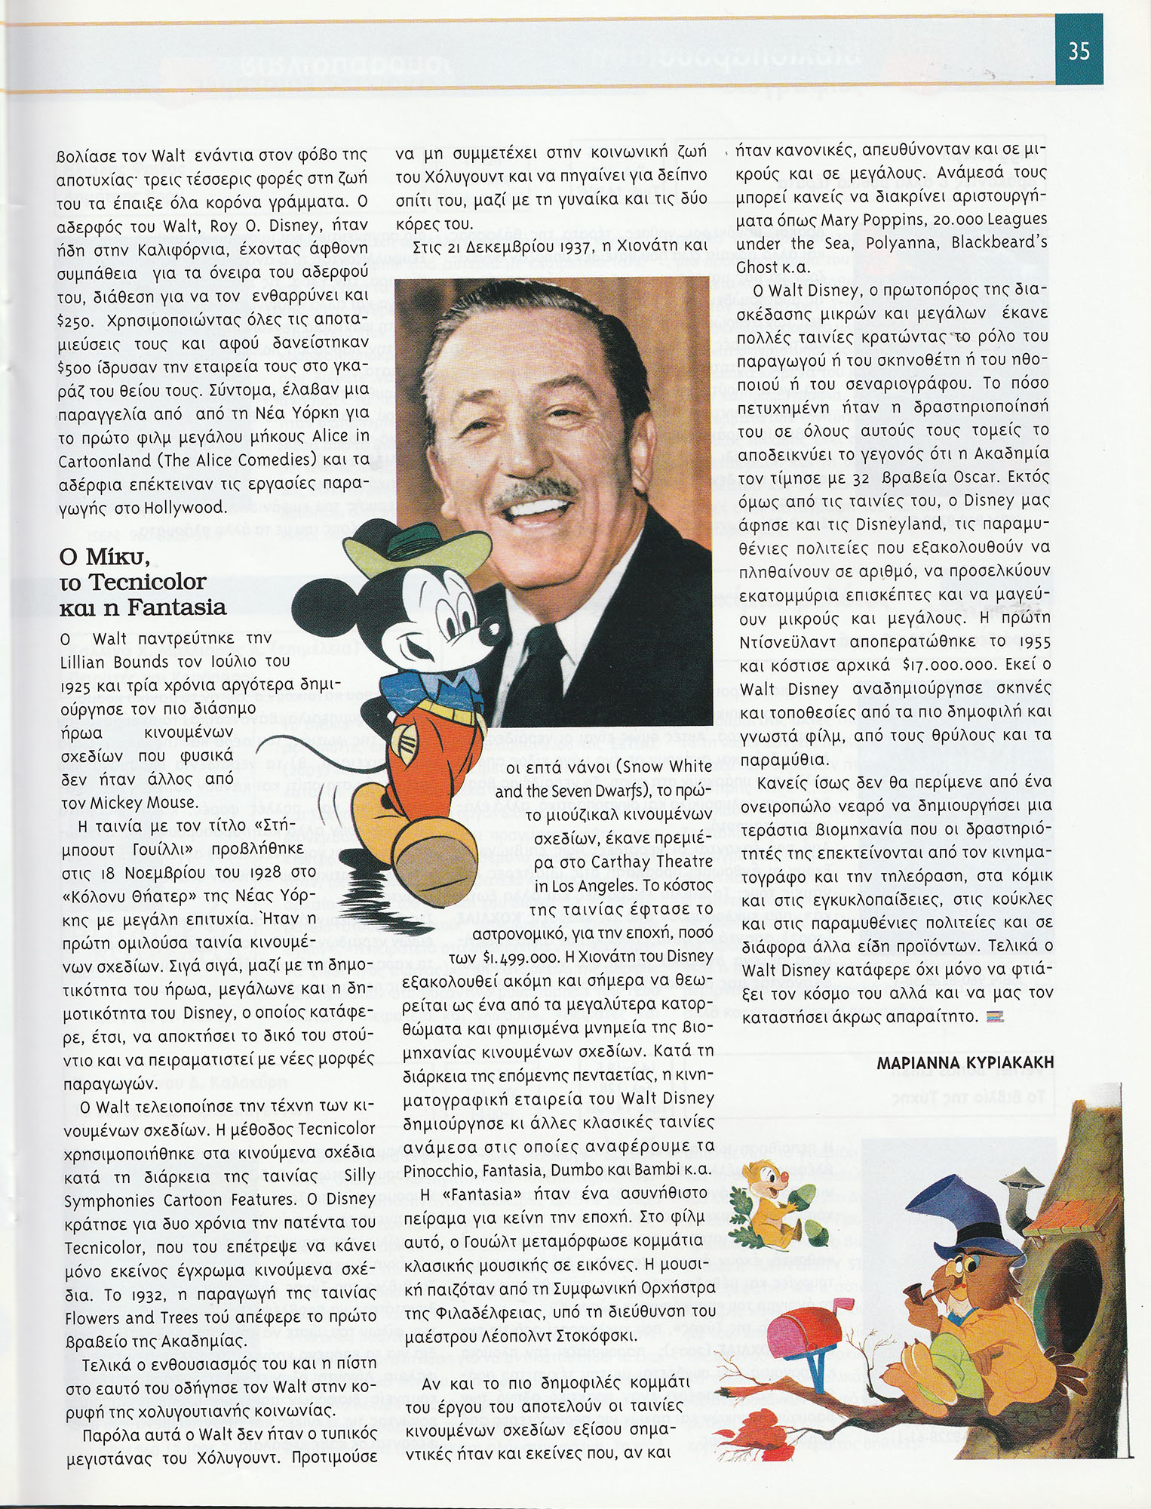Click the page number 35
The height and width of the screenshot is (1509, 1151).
1079,51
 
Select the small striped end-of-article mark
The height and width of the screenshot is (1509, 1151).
996,1018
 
